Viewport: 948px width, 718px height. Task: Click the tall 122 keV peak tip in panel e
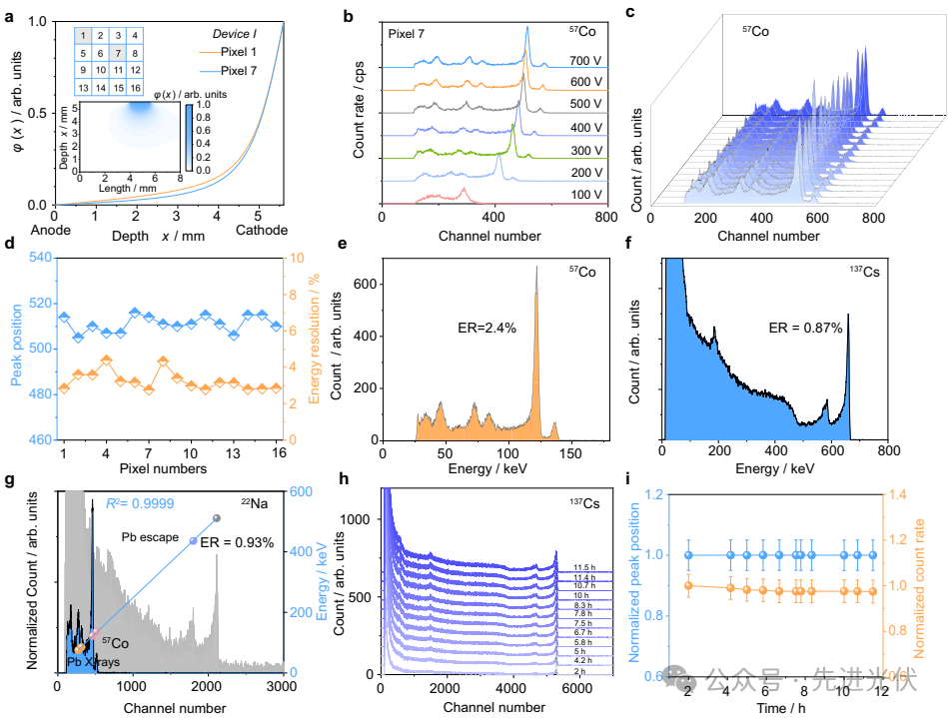click(536, 267)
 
